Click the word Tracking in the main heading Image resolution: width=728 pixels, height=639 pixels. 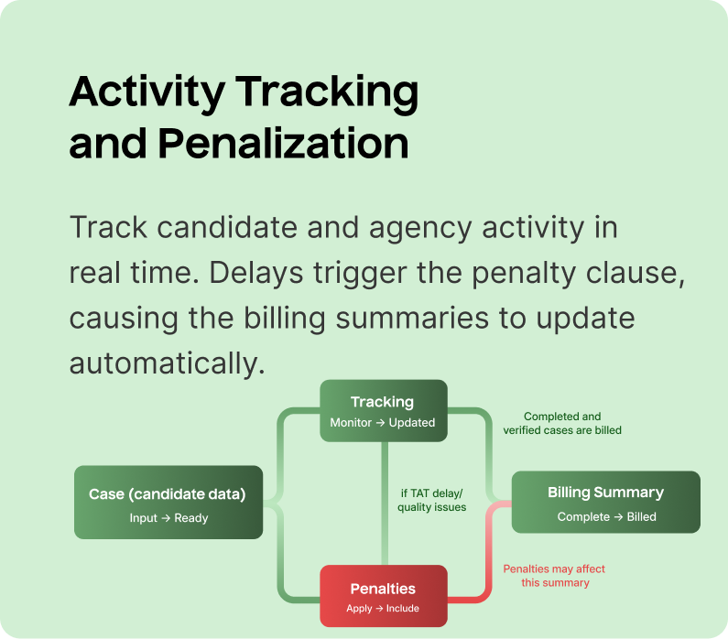pyautogui.click(x=327, y=92)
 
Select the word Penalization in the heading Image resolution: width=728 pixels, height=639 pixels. pyautogui.click(x=283, y=145)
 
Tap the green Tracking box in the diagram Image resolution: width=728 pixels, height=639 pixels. pyautogui.click(x=383, y=411)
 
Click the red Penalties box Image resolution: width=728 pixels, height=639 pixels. pyautogui.click(x=383, y=596)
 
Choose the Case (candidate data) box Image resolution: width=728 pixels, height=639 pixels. pyautogui.click(x=168, y=502)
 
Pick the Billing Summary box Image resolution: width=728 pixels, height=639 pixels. pyautogui.click(x=605, y=502)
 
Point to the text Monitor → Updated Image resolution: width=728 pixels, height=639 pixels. pyautogui.click(x=383, y=423)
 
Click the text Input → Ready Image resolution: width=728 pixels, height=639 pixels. pyautogui.click(x=168, y=518)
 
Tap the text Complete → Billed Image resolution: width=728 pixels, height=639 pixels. pyautogui.click(x=606, y=517)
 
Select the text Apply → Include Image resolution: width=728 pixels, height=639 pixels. pyautogui.click(x=383, y=609)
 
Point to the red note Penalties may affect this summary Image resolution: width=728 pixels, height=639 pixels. pyautogui.click(x=554, y=576)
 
